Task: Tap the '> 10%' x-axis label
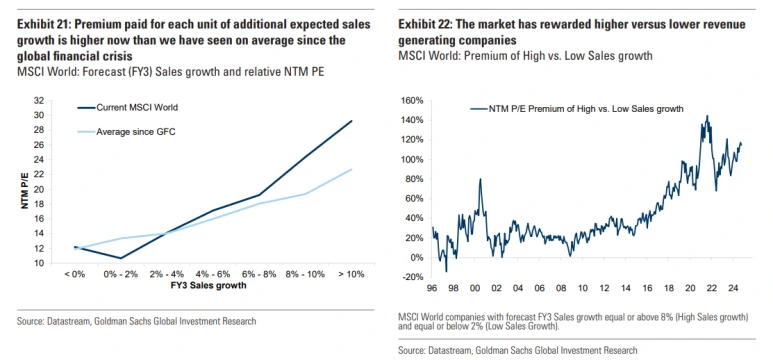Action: (x=351, y=274)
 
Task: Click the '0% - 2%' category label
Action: (x=120, y=274)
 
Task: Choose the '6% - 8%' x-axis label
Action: (x=259, y=274)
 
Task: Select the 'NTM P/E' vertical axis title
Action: (x=25, y=189)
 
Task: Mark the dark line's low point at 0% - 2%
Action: (x=120, y=258)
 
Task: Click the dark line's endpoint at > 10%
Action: (x=351, y=120)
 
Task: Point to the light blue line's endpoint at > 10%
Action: (x=351, y=169)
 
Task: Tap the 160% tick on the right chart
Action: (x=412, y=101)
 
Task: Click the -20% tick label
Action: (x=413, y=277)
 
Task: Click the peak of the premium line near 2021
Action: (x=707, y=116)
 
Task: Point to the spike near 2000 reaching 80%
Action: (x=480, y=179)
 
